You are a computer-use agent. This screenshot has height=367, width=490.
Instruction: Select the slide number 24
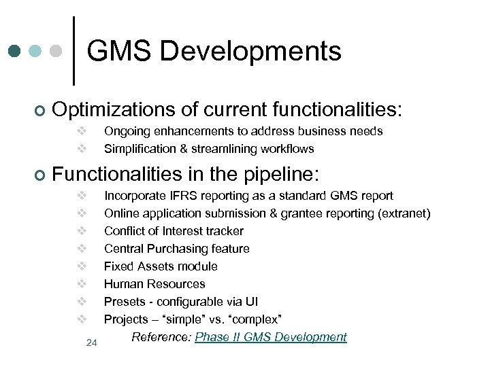[92, 343]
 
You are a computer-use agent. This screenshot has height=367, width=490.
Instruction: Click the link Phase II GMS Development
[271, 337]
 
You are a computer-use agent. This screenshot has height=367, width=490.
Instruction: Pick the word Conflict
[124, 231]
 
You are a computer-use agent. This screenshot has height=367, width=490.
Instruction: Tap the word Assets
[153, 266]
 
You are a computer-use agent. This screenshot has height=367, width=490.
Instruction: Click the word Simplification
[141, 148]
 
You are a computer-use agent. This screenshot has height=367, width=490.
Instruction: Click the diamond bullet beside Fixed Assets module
[80, 266]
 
